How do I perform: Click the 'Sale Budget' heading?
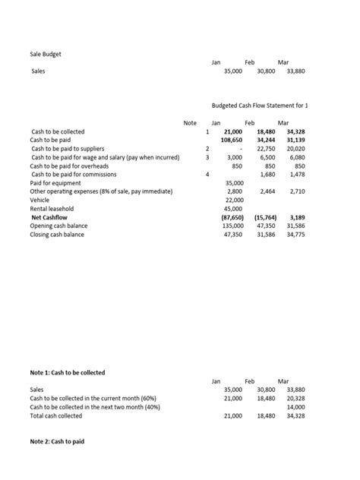coord(46,54)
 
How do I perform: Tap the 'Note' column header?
coord(190,122)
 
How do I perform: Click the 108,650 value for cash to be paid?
coord(231,140)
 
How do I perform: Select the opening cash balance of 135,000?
coord(230,226)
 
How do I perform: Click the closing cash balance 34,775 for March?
coord(295,235)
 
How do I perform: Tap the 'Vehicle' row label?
coord(41,200)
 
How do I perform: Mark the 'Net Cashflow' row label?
coord(50,217)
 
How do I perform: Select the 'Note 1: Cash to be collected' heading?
coord(68,373)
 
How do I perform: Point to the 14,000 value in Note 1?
coord(295,407)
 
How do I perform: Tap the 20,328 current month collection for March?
coord(295,398)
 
